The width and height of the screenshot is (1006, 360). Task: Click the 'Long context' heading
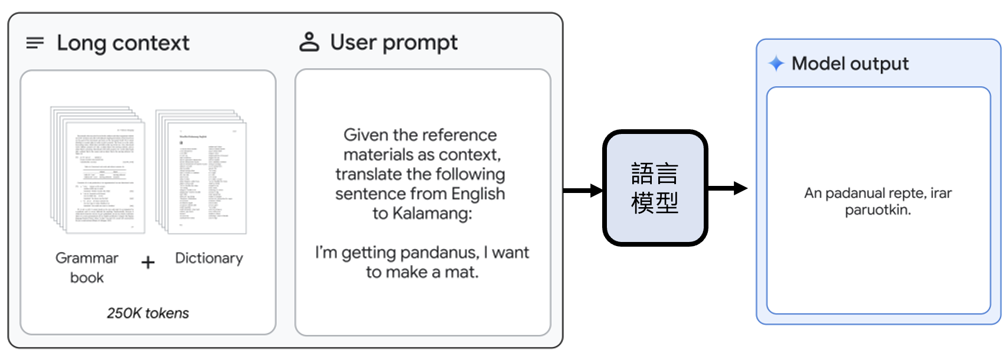pos(123,43)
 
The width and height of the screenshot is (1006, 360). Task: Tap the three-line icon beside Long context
pos(35,43)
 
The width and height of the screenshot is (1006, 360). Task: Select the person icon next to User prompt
pos(309,42)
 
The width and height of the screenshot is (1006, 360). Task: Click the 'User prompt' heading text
pos(394,42)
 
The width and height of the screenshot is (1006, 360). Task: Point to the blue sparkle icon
pos(776,63)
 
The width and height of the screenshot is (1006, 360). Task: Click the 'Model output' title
pos(850,64)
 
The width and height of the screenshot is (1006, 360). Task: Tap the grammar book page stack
pos(98,170)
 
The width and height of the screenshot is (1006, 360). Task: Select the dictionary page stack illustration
pos(201,171)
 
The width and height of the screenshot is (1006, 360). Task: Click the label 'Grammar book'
pos(87,267)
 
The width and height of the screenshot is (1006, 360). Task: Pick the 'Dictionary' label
pos(209,258)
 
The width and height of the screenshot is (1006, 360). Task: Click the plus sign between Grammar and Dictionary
pos(148,263)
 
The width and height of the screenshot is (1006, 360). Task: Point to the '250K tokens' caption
pos(148,313)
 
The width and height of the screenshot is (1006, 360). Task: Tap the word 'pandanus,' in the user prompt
pos(439,253)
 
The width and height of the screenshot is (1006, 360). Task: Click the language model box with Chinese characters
pos(655,188)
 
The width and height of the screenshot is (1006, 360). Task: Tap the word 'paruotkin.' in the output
pos(878,210)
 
